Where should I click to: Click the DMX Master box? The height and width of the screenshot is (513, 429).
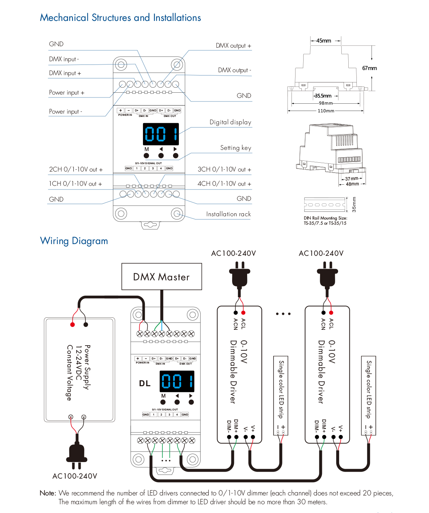[162, 277]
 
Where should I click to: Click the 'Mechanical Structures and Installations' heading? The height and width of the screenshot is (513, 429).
[120, 18]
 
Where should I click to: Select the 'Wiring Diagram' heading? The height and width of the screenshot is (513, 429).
[74, 241]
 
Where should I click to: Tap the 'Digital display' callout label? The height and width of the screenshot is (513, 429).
[230, 122]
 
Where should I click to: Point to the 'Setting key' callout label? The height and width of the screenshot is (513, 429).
[235, 148]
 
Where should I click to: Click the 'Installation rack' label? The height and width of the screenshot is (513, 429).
[228, 214]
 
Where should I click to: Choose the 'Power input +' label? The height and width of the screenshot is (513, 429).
[67, 93]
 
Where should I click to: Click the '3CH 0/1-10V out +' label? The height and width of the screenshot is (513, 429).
[224, 169]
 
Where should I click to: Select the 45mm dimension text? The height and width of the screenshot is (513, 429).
[323, 41]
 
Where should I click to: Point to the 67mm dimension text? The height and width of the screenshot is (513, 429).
[369, 68]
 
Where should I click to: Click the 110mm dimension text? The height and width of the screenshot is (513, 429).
[326, 111]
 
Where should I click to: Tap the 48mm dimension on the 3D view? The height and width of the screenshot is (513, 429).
[352, 184]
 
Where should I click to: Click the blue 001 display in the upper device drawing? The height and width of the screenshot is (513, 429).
[161, 134]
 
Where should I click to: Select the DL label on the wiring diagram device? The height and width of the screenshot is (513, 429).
[145, 383]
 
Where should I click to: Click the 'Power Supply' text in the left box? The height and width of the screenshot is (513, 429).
[87, 367]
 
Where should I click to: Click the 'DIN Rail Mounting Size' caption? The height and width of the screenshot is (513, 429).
[325, 218]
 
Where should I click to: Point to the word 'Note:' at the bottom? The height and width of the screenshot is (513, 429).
[48, 493]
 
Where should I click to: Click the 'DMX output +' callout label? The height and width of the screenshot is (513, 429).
[233, 46]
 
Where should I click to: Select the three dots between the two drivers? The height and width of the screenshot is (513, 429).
[283, 314]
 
